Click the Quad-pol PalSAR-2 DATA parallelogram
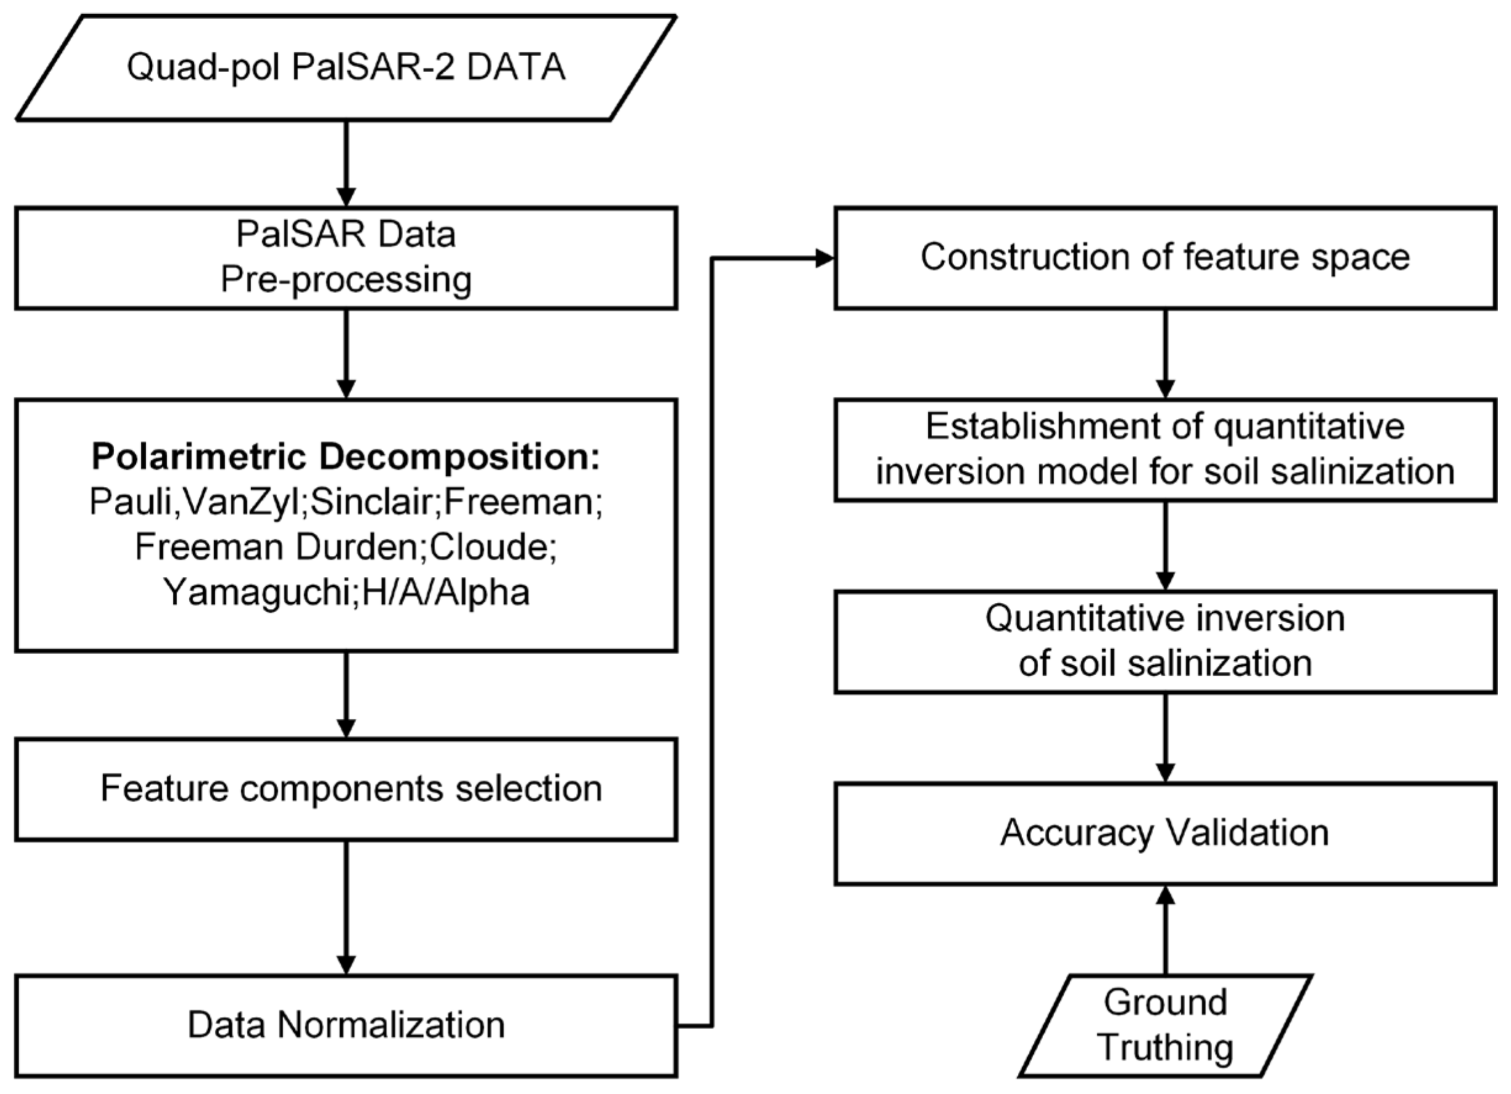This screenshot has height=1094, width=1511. point(346,67)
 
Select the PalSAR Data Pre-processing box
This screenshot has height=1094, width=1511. point(346,258)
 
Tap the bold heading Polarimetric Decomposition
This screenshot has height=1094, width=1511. point(346,457)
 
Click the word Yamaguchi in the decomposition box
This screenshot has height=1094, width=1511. point(257,592)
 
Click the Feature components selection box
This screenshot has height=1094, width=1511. point(346,789)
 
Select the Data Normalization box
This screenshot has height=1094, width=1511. point(346,1026)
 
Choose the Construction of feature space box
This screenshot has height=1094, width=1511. point(1165,258)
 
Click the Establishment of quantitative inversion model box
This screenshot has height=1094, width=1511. point(1165,449)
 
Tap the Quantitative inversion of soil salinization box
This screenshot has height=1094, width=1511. point(1165,641)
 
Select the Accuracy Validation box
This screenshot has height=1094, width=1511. point(1165,833)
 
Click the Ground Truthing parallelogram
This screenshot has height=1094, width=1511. point(1165,1026)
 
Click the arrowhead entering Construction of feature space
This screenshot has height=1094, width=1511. point(825,259)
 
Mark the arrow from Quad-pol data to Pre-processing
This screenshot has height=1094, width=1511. point(346,164)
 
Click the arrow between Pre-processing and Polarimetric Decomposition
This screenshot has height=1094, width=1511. point(346,354)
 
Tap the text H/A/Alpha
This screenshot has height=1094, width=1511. point(446,592)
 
